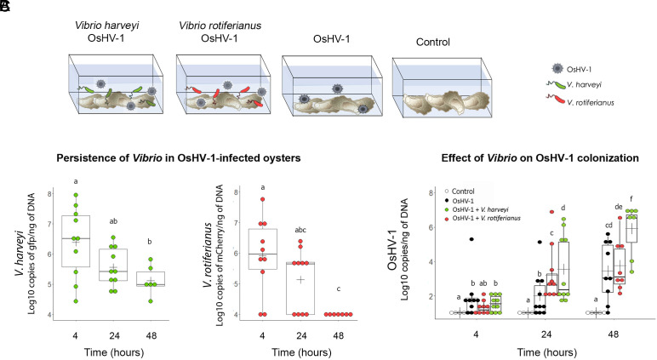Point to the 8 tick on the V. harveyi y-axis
[50, 195]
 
